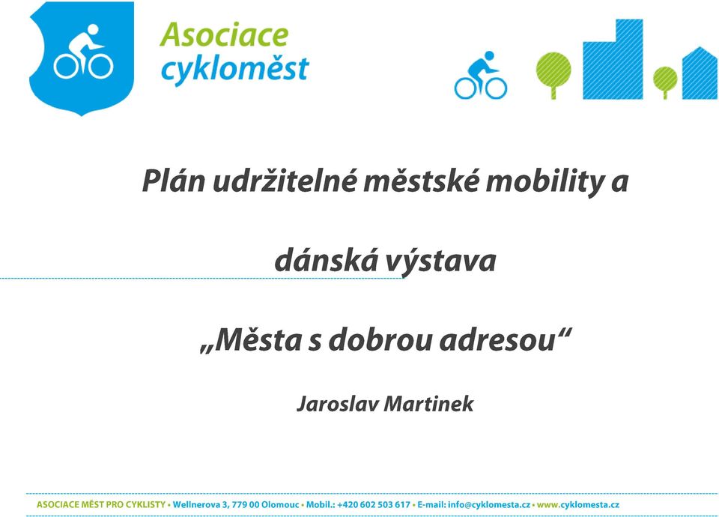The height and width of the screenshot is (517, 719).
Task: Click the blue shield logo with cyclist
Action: (82, 58)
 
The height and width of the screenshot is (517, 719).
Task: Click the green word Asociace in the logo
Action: (224, 35)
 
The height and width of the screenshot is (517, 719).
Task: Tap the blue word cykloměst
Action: (234, 69)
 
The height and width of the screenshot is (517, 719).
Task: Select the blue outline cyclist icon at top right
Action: (481, 75)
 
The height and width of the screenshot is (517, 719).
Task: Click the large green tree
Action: (553, 75)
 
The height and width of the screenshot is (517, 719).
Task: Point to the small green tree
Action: (665, 82)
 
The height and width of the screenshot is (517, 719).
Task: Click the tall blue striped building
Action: (613, 59)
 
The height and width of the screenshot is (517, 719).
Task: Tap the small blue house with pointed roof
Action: (700, 73)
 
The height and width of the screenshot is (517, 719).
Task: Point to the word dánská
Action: (325, 260)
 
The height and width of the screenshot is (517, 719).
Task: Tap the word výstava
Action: (440, 261)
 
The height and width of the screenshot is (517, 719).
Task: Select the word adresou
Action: (498, 340)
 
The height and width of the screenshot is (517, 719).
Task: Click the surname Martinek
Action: (428, 404)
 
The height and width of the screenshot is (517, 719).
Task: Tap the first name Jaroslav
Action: (338, 404)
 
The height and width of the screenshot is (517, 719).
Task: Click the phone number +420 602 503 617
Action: (374, 504)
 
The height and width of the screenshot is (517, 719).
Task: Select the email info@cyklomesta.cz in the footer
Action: (489, 504)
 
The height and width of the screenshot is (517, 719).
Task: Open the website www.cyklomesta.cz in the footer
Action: (577, 504)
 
